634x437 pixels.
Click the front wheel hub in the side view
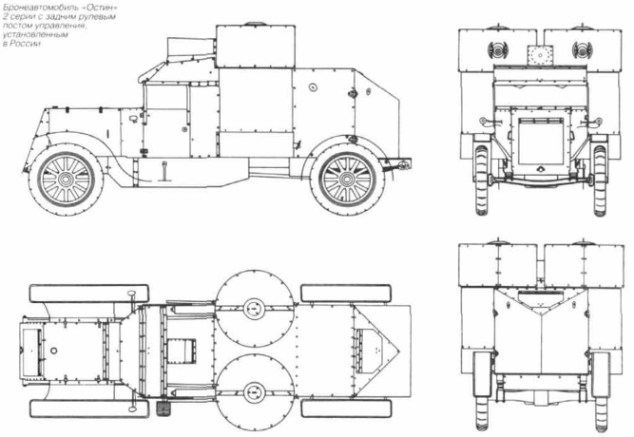coord(66,180)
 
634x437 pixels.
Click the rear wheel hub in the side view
coord(347,180)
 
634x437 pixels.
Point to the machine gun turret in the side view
coord(255,46)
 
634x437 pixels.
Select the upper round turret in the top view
coord(255,309)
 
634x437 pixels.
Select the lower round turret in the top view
coord(255,392)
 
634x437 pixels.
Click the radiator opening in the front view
coord(541,142)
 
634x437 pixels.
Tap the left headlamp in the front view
coord(496,50)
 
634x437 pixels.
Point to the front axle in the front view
coord(541,180)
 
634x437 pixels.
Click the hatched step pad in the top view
coord(164,408)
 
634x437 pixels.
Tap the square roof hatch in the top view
coord(182,351)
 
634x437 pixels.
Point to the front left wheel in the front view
coord(481,180)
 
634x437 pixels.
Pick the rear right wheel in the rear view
coord(601,390)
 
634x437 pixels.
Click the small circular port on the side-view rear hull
coord(312,86)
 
